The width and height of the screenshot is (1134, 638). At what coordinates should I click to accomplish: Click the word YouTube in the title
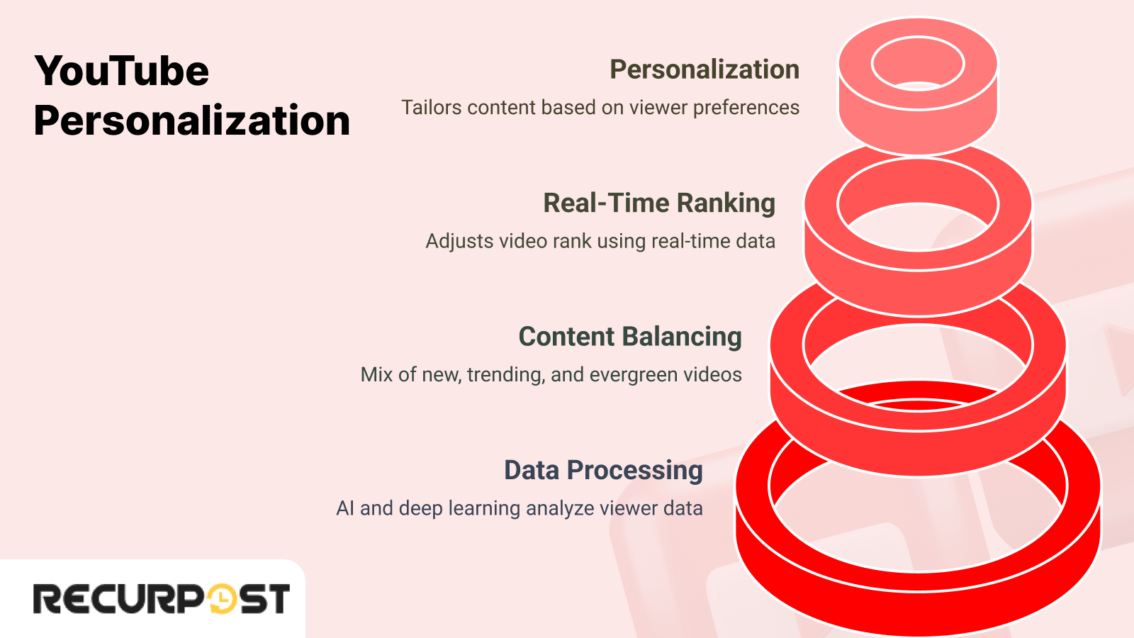click(122, 71)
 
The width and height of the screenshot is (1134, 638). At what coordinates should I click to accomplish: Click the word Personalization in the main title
click(191, 121)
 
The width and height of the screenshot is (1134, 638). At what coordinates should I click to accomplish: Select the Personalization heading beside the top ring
click(704, 69)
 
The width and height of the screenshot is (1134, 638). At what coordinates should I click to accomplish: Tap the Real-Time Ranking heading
click(658, 203)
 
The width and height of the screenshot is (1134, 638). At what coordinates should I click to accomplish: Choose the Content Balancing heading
click(629, 337)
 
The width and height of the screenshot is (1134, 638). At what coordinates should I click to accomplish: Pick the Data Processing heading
click(602, 470)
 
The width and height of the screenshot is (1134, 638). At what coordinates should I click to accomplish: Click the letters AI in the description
click(344, 508)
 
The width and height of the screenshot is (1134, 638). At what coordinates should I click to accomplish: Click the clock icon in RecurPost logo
click(222, 599)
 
